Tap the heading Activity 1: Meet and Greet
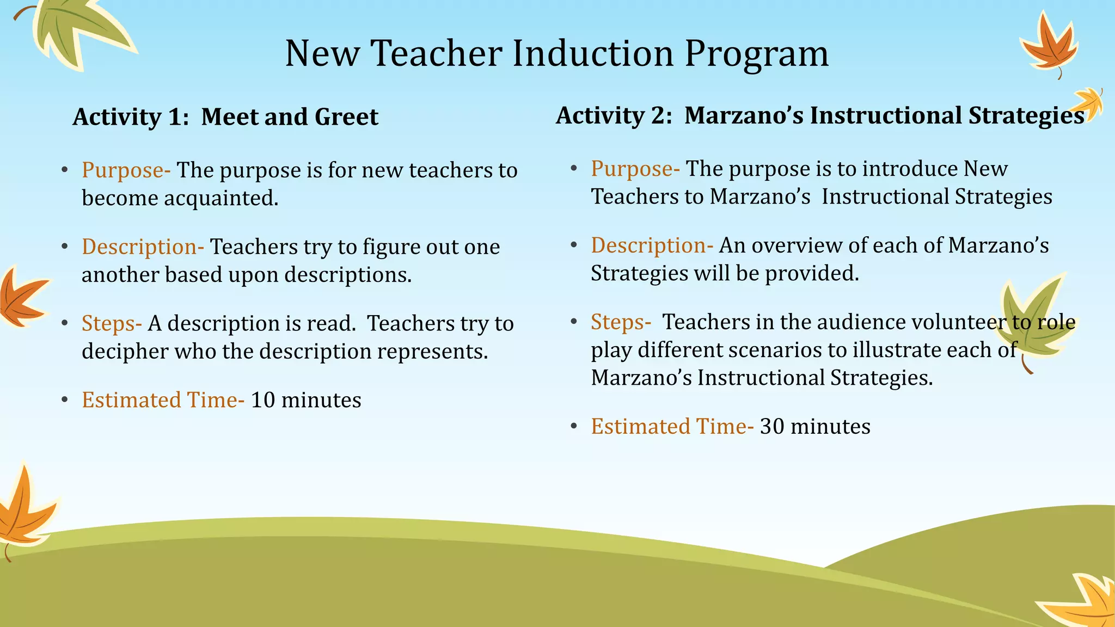(x=225, y=117)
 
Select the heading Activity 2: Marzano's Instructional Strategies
(x=819, y=115)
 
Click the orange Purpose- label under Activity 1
(x=126, y=170)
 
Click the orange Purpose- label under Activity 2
(x=635, y=169)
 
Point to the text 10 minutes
(x=305, y=400)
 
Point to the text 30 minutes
(x=815, y=426)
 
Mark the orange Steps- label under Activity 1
(x=112, y=323)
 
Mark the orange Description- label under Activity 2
(x=652, y=245)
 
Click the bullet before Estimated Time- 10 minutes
(x=65, y=400)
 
